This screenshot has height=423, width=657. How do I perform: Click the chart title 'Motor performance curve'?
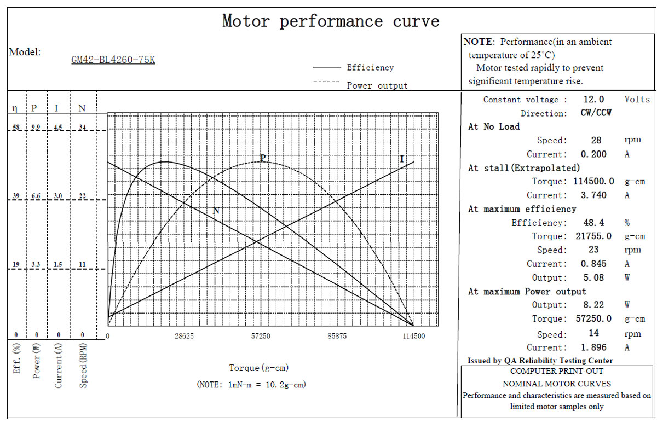point(331,21)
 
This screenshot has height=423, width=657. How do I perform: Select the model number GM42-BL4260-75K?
point(113,60)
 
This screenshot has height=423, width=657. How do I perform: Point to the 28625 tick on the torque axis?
point(184,336)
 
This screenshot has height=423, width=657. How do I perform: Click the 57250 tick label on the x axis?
point(261,336)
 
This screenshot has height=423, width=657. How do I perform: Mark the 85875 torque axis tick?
point(337,336)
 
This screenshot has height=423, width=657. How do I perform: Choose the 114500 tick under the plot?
point(413,336)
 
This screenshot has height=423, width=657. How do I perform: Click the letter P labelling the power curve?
point(263,158)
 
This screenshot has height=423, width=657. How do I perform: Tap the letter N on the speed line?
point(216,210)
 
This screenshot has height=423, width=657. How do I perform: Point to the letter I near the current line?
point(402,159)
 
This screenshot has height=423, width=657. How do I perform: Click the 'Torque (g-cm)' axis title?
point(258,368)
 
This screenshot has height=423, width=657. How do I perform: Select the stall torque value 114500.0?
point(593,182)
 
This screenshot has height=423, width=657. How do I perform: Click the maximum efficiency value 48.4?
point(593,223)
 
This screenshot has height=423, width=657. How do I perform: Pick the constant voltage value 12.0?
point(593,100)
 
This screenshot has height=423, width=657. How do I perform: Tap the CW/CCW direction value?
point(596,113)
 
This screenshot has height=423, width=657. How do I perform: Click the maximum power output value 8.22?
point(593,305)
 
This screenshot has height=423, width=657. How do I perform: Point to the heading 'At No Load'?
point(494,126)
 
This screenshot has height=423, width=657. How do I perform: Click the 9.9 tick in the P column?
point(36,127)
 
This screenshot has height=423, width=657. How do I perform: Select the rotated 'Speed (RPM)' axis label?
point(83,366)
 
